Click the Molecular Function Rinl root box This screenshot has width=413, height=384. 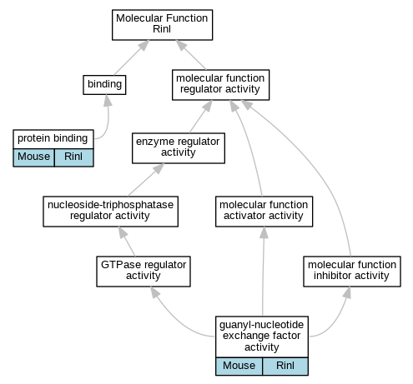point(162,25)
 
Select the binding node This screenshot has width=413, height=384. point(104,85)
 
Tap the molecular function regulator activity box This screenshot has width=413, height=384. point(220,85)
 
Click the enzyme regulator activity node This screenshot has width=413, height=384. point(179,148)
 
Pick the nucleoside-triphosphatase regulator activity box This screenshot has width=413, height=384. point(110,212)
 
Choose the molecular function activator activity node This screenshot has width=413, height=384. point(264,212)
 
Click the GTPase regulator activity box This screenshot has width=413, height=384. point(144,272)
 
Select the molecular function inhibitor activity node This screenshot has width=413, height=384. point(352,272)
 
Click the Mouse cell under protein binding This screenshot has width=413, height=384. point(33,157)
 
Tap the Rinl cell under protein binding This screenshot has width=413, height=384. point(74,157)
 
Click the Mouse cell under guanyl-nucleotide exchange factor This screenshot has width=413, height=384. point(239,367)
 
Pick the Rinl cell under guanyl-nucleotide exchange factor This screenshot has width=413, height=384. point(285,367)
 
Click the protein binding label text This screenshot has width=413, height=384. point(53,138)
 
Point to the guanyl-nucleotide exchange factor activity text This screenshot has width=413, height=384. point(261,336)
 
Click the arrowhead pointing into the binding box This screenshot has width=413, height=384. point(108,100)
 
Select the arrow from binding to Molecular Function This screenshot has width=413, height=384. point(132,57)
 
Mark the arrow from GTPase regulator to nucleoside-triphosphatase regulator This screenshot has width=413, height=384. point(127,242)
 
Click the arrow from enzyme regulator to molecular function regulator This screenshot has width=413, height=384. point(201,117)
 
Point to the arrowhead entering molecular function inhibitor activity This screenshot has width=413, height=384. point(347,292)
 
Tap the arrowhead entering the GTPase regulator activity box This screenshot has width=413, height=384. point(155,292)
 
